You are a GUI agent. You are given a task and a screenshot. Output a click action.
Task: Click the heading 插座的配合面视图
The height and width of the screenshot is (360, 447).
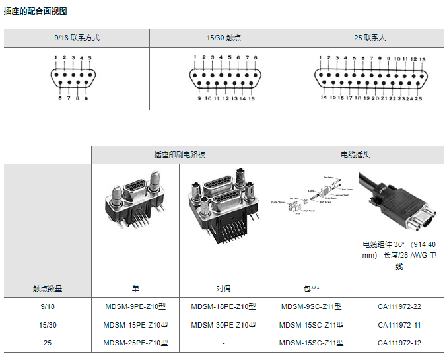coord(36,11)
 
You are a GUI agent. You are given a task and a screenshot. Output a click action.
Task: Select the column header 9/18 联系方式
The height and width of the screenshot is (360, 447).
coord(77,38)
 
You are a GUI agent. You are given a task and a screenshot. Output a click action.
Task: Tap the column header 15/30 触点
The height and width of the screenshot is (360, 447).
coord(223,38)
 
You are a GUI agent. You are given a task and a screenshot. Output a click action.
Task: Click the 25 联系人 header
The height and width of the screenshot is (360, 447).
coord(370,38)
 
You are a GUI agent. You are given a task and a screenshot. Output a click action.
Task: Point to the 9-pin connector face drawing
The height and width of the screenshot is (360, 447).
coord(73,79)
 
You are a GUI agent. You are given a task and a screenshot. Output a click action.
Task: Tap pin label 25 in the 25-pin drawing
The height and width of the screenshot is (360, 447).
coord(418,98)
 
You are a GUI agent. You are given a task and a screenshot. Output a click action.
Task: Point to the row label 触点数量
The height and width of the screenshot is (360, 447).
coord(48,289)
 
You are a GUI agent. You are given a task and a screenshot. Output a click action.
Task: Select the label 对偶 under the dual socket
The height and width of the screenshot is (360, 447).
coord(223,289)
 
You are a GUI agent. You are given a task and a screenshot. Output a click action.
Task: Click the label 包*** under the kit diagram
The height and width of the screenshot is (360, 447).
coord(311,289)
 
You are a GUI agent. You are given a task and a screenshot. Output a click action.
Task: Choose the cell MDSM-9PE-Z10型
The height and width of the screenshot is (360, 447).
coord(135,306)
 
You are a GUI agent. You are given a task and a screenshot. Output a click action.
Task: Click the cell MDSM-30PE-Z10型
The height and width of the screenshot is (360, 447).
coord(223,325)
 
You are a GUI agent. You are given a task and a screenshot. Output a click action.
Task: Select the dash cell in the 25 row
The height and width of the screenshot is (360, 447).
coord(223,343)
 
